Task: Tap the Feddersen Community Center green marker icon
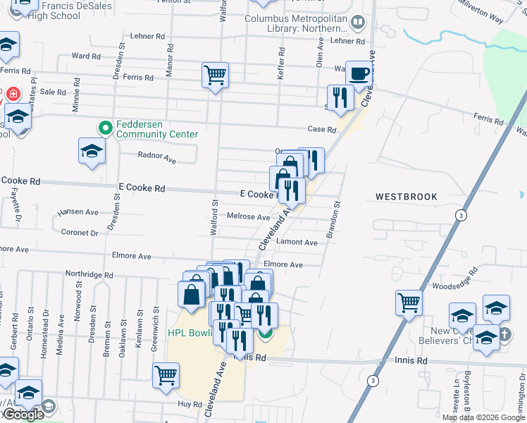point(106,128)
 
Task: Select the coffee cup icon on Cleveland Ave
point(359,73)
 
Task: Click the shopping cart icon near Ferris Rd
point(215,74)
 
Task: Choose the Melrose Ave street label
point(248,217)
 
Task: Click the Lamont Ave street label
point(297,242)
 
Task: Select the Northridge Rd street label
point(89,274)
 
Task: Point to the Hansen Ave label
point(78,211)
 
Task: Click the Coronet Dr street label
point(79,232)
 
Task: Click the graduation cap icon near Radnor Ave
point(91,152)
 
